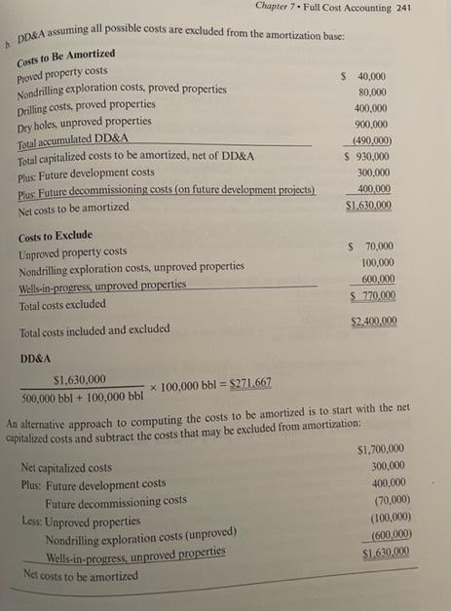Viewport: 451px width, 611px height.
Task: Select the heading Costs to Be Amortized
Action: click(66, 55)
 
